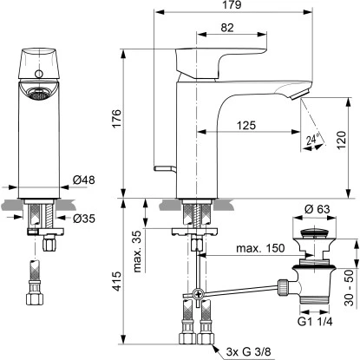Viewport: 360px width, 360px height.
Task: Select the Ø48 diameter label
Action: [x=85, y=180]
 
